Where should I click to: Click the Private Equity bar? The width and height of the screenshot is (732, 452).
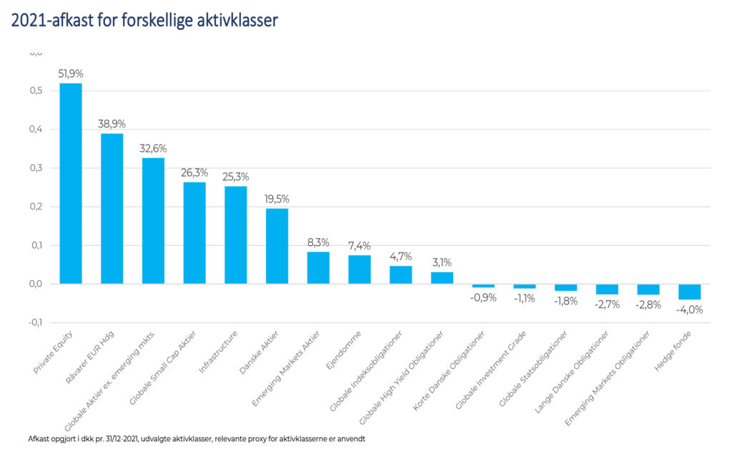pyautogui.click(x=71, y=184)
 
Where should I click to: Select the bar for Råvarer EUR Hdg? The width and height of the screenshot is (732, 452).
pyautogui.click(x=112, y=209)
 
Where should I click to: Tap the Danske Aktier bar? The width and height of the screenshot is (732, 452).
pyautogui.click(x=277, y=246)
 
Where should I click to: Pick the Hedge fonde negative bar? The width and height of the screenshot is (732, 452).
pyautogui.click(x=690, y=292)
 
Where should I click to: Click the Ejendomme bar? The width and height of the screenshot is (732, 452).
pyautogui.click(x=360, y=270)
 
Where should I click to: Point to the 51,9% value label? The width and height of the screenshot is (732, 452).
pyautogui.click(x=71, y=74)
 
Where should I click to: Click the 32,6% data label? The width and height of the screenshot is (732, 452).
pyautogui.click(x=153, y=148)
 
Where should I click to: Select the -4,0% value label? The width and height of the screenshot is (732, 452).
pyautogui.click(x=690, y=310)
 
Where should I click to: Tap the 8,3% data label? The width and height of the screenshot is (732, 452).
pyautogui.click(x=318, y=242)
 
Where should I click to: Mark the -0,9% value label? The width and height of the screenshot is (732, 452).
pyautogui.click(x=484, y=298)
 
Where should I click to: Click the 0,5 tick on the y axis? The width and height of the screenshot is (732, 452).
pyautogui.click(x=36, y=91)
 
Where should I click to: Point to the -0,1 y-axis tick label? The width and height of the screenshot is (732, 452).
pyautogui.click(x=34, y=323)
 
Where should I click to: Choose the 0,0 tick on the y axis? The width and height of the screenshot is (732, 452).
pyautogui.click(x=36, y=284)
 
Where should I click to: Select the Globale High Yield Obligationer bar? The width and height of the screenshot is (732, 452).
pyautogui.click(x=442, y=278)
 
